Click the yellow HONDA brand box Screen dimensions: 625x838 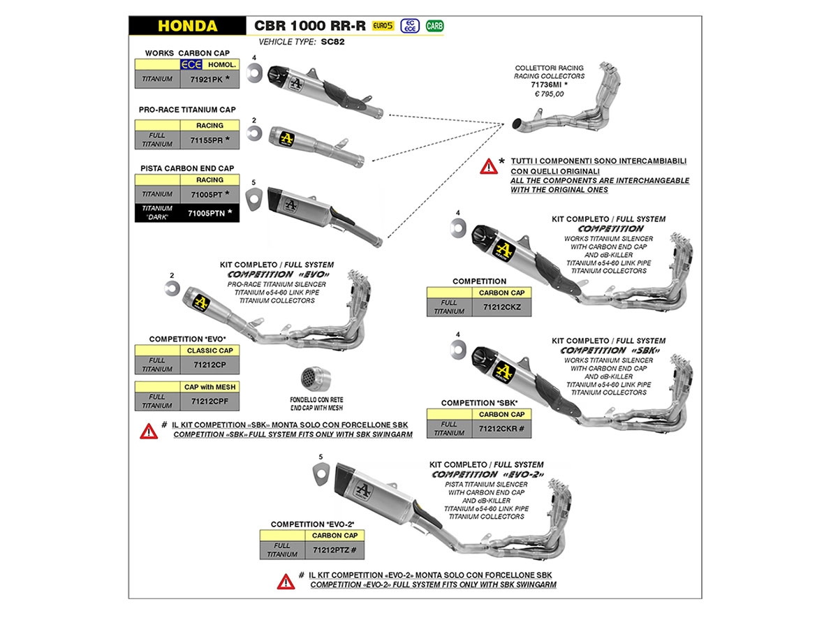click(x=187, y=27)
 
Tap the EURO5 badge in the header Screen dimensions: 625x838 click(x=384, y=26)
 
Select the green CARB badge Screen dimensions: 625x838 click(x=434, y=27)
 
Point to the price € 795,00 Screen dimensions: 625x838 click(x=549, y=93)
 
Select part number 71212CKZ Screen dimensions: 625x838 click(x=502, y=307)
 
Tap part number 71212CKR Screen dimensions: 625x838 click(x=502, y=428)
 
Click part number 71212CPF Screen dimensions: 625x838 click(x=209, y=401)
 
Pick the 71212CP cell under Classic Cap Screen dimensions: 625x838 click(x=209, y=364)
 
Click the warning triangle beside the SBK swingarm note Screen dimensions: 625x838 click(x=149, y=431)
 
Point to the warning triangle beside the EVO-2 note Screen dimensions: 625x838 click(x=285, y=580)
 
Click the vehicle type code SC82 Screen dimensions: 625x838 click(x=333, y=42)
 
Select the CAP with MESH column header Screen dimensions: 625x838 click(x=209, y=387)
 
